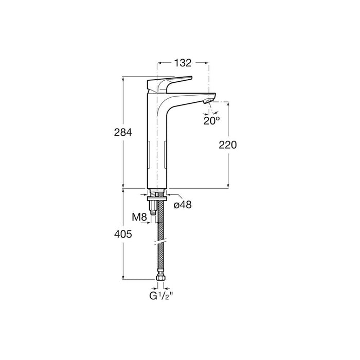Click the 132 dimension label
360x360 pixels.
(183, 63)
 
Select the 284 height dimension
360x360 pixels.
(123, 133)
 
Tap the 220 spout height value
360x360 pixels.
(227, 145)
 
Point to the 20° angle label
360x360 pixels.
(211, 121)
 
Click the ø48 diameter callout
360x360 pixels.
(183, 205)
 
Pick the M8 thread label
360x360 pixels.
(139, 217)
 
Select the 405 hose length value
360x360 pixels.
(123, 234)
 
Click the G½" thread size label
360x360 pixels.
(160, 296)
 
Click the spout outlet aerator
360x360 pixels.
(208, 101)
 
